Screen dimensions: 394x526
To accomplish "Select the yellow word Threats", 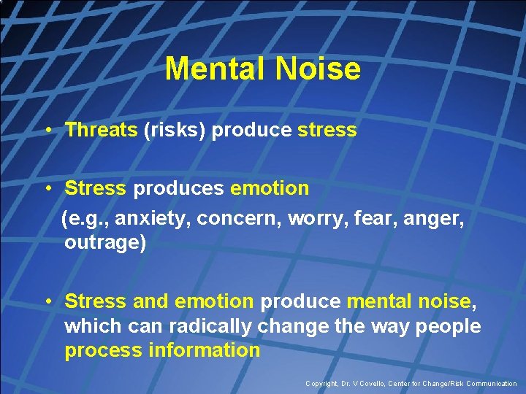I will click(x=101, y=130).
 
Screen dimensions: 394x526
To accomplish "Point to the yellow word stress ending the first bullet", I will click(x=327, y=130).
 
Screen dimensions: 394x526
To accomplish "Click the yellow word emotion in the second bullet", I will click(x=270, y=188).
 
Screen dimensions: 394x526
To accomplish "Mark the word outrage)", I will click(x=105, y=242).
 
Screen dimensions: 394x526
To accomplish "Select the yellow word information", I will click(x=204, y=350).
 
